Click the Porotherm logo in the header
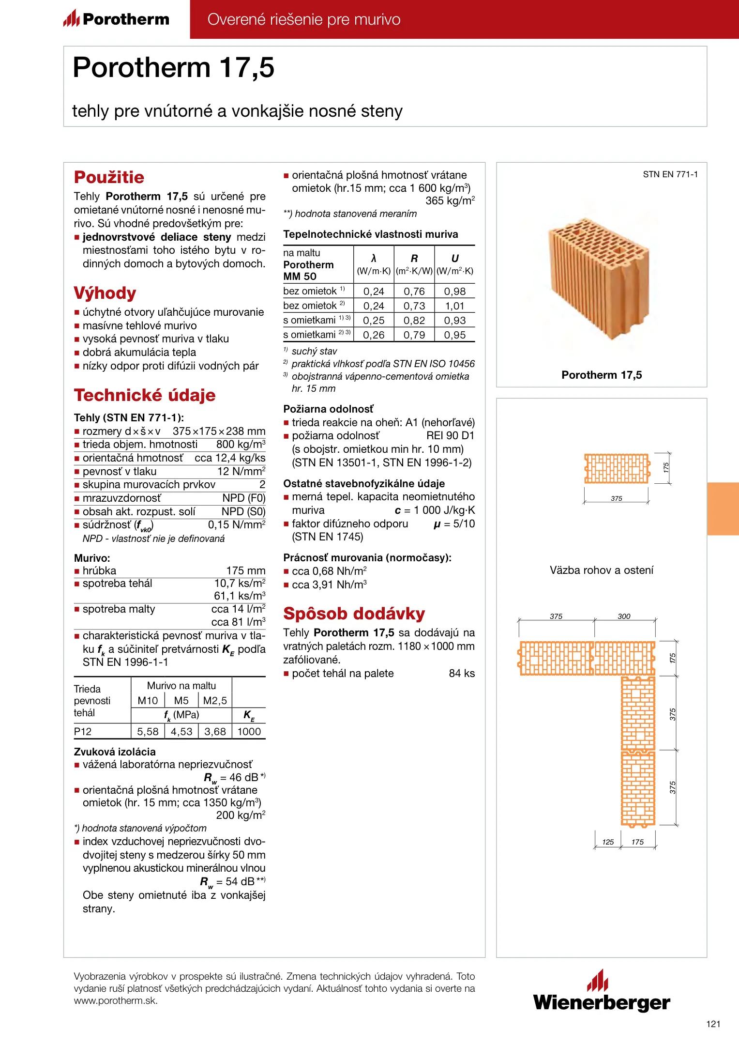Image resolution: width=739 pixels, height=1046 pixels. [x=117, y=19]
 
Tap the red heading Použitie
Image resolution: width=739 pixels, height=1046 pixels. [x=109, y=177]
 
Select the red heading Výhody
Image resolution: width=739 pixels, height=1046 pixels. [x=105, y=293]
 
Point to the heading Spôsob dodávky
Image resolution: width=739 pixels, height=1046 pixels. [x=354, y=614]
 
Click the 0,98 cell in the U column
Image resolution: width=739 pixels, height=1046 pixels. [x=454, y=292]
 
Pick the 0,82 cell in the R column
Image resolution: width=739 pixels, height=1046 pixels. [x=414, y=321]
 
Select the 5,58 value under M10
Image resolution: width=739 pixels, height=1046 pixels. [x=148, y=732]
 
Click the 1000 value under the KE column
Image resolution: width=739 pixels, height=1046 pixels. [x=249, y=732]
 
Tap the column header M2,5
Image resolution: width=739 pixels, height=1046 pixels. [x=215, y=701]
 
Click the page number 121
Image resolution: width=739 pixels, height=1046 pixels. [x=713, y=1024]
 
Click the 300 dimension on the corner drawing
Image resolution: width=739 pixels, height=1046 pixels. [x=624, y=616]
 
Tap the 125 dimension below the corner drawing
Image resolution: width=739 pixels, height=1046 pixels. [x=608, y=842]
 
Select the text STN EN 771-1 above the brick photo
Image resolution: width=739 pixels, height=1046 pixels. [x=670, y=174]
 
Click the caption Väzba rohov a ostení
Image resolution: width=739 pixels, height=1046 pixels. [x=601, y=570]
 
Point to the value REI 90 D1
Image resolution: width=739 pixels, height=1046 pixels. [x=450, y=436]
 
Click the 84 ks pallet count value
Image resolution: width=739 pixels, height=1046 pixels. [x=462, y=674]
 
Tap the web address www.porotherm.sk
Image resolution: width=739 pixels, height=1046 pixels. [x=115, y=1001]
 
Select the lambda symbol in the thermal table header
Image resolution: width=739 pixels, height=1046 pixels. [x=374, y=259]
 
